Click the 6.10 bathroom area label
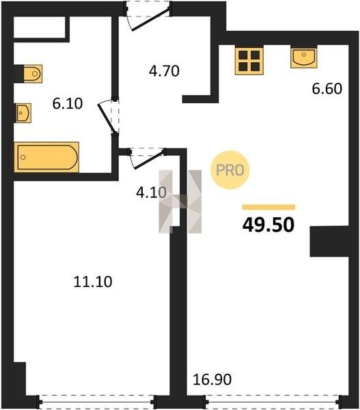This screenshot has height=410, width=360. tap(68, 104)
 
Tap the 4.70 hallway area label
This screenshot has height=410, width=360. tap(164, 71)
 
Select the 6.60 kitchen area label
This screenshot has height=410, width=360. tap(327, 89)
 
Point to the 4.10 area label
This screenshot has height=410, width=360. tap(151, 193)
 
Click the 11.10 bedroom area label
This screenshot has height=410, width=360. tap(93, 282)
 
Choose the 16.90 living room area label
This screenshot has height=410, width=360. tap(212, 379)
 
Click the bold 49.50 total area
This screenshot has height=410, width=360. tap(268, 225)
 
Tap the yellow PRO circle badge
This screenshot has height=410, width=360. tap(230, 170)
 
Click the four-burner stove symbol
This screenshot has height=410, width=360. tap(249, 61)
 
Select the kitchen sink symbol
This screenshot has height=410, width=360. tap(304, 57)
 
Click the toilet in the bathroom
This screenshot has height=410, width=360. tap(33, 74)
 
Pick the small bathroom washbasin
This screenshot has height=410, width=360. tap(23, 113)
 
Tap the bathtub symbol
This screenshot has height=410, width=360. tap(46, 157)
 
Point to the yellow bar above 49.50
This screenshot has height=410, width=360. tap(268, 207)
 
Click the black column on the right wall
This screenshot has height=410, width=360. tap(329, 241)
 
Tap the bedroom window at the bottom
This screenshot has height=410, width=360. tap(96, 401)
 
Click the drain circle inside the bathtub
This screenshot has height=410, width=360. tap(23, 157)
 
